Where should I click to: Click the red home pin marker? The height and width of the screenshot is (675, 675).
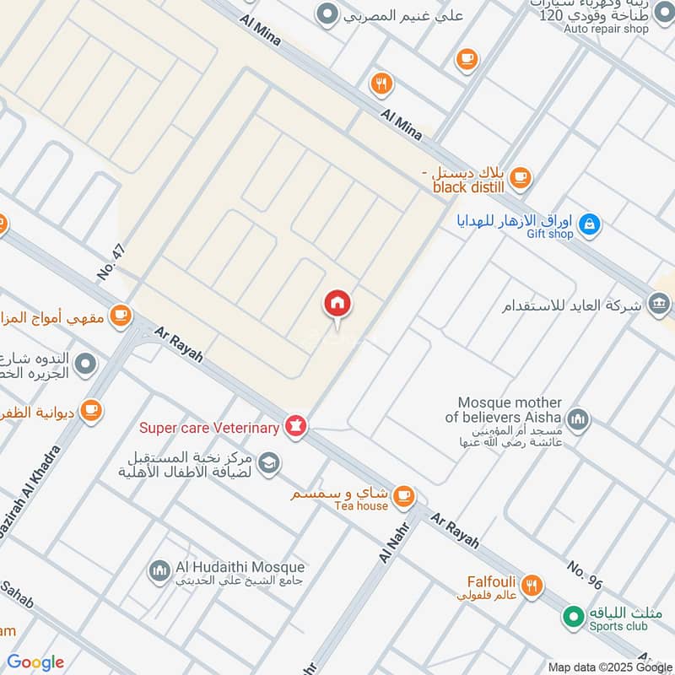tap(337, 303)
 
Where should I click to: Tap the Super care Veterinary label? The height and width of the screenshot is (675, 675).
tap(209, 429)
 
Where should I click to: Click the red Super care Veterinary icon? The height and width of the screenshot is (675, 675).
tap(294, 426)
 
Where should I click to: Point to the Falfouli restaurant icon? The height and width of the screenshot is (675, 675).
tap(531, 585)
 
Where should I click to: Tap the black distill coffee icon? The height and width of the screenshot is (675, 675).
tap(521, 177)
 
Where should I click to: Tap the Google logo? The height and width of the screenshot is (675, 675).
tap(35, 662)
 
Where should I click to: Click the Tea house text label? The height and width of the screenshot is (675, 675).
tap(360, 506)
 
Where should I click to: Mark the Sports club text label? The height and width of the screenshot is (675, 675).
tap(618, 626)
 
